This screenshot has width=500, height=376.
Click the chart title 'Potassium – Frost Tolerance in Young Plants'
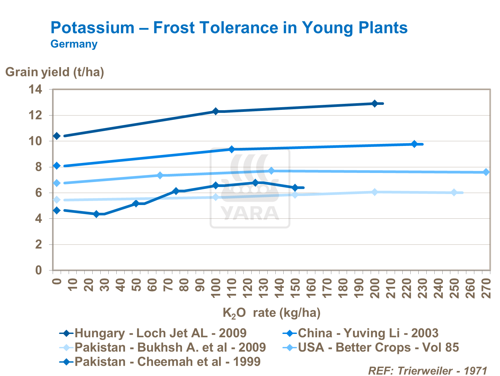click(229, 28)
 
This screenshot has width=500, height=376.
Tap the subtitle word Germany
click(74, 44)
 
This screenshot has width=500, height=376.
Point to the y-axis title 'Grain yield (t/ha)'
click(55, 72)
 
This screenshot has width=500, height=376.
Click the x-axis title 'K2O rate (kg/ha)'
click(271, 313)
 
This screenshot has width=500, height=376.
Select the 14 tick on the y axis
click(35, 89)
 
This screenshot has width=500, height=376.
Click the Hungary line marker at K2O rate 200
click(375, 104)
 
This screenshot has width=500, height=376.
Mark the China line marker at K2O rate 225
click(414, 144)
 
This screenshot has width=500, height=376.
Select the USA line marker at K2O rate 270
click(486, 172)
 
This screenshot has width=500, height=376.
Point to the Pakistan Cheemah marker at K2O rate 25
click(97, 214)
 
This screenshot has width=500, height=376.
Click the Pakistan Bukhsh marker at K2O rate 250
click(454, 192)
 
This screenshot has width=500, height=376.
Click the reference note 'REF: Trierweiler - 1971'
click(428, 371)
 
